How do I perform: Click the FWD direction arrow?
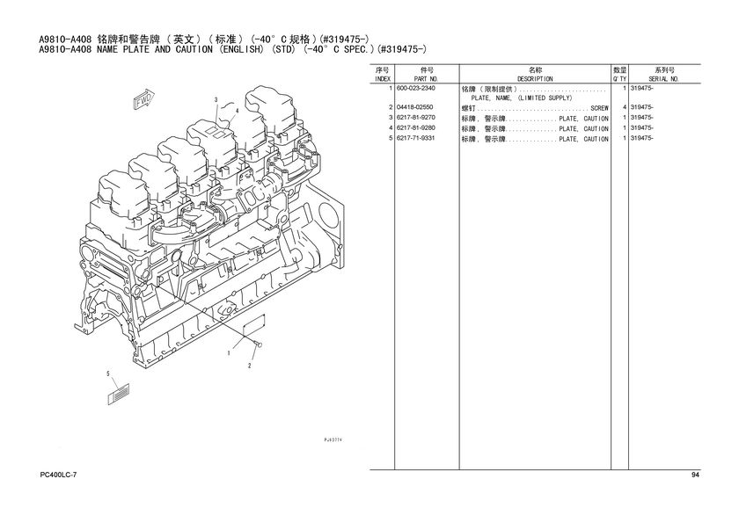(143, 98)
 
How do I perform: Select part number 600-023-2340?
(416, 89)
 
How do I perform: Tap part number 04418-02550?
(414, 107)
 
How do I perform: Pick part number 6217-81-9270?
(416, 118)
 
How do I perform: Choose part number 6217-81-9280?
(416, 128)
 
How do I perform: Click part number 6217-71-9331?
(416, 138)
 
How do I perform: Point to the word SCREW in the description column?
(599, 108)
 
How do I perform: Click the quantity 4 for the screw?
(624, 108)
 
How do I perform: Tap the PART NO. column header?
(427, 79)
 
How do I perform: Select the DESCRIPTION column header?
(535, 79)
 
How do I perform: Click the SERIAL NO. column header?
(663, 79)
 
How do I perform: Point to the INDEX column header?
(382, 79)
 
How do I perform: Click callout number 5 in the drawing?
(108, 373)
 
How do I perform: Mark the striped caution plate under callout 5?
(119, 394)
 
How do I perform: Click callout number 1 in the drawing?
(229, 353)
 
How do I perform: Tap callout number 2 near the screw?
(250, 366)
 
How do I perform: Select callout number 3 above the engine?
(216, 100)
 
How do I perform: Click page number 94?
(696, 475)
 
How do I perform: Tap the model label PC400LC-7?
(58, 475)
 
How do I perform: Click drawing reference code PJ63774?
(333, 439)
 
